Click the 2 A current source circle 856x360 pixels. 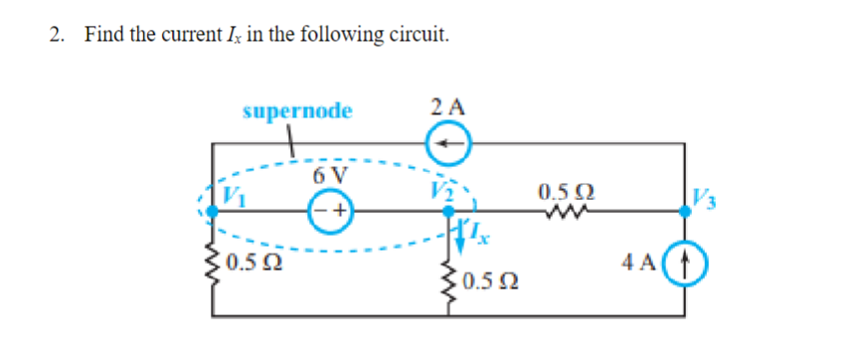coord(449,146)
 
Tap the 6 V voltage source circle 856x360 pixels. coord(330,211)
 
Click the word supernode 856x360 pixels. coord(297,110)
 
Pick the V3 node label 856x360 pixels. coord(700,195)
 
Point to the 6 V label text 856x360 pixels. coord(330,176)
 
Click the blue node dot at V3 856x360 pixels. coord(685,211)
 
